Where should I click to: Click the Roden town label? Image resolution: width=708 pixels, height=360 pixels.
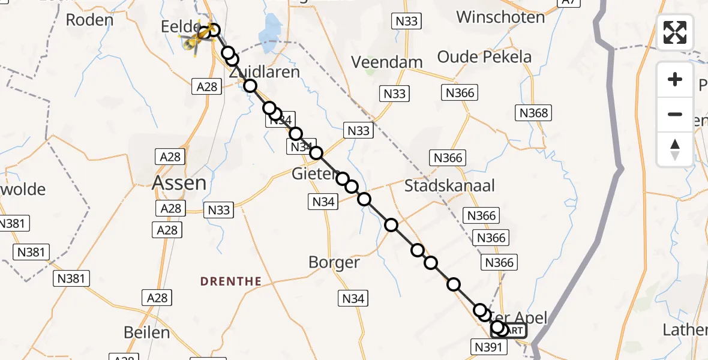89,20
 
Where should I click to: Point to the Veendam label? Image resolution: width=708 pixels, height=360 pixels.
387,62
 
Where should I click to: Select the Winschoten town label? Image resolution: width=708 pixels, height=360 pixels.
500,17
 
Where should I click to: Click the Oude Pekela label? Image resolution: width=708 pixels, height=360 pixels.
484,57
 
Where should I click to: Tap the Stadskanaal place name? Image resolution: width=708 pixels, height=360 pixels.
449,185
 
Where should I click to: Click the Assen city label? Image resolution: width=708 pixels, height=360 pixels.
179,183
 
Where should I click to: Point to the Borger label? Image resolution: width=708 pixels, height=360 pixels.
334,262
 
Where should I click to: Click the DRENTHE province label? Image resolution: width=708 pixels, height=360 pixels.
231,281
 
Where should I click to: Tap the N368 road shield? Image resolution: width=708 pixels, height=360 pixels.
533,113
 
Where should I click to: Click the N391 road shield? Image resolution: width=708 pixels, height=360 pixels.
488,346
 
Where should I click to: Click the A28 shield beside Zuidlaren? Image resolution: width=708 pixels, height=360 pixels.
207,87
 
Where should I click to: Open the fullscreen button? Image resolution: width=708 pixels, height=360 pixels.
675,32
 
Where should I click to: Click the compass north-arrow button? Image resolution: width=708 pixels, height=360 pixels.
675,149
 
